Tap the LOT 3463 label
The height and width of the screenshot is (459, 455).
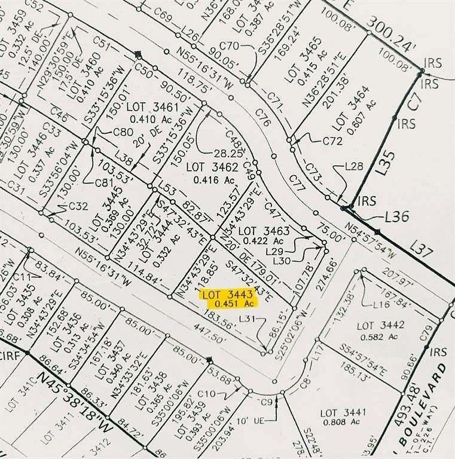(264, 231)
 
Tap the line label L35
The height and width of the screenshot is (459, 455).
(388, 162)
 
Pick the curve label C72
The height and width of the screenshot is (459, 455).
(331, 142)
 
